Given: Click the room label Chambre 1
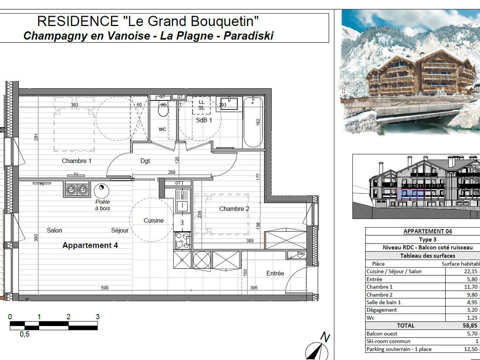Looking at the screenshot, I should (x=77, y=161).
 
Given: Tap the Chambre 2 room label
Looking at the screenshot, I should (x=234, y=209).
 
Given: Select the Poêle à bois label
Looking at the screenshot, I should (x=102, y=205).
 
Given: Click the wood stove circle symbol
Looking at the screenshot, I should (x=100, y=188).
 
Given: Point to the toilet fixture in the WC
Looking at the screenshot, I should (x=163, y=110).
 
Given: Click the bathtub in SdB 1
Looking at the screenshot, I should (x=253, y=122).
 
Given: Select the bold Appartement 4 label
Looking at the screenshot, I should (x=90, y=245).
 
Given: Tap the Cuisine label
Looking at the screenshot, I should (x=154, y=220).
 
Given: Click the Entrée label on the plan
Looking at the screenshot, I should (x=275, y=273).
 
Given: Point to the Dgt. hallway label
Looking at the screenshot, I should (x=146, y=161).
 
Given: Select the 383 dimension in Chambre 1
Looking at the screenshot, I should (x=74, y=105).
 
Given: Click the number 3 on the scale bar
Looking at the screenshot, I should (x=97, y=317).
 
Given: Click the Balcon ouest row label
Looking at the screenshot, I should (x=382, y=333).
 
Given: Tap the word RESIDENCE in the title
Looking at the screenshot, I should (x=78, y=21).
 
